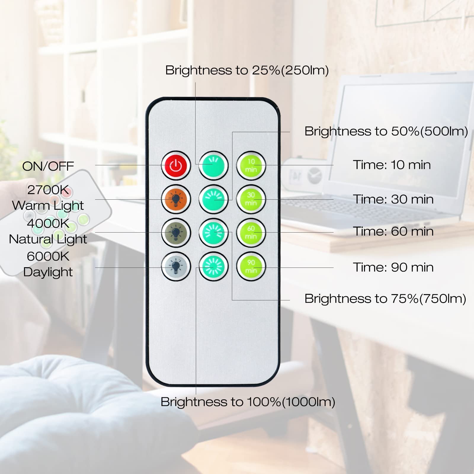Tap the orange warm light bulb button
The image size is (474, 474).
[x=176, y=199]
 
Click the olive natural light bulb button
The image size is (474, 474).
[x=176, y=233]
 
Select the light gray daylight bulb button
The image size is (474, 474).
[x=176, y=266]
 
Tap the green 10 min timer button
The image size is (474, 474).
[x=251, y=166]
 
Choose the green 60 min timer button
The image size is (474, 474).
[x=251, y=233]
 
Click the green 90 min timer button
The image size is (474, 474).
[x=251, y=266]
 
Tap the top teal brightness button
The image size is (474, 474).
[x=213, y=166]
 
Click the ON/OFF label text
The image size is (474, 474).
[x=48, y=166]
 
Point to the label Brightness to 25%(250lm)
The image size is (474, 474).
[x=247, y=71]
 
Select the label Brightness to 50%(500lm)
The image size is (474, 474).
[x=386, y=131]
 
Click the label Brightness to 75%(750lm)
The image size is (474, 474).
[x=385, y=299]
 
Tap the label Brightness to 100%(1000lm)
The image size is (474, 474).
[x=248, y=402]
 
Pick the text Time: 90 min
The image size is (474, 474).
[x=393, y=267]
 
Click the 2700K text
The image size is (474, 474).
[x=48, y=190]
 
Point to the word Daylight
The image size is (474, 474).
[x=48, y=272]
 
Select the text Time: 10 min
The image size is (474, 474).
[x=392, y=165]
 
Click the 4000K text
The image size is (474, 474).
[x=48, y=223]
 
